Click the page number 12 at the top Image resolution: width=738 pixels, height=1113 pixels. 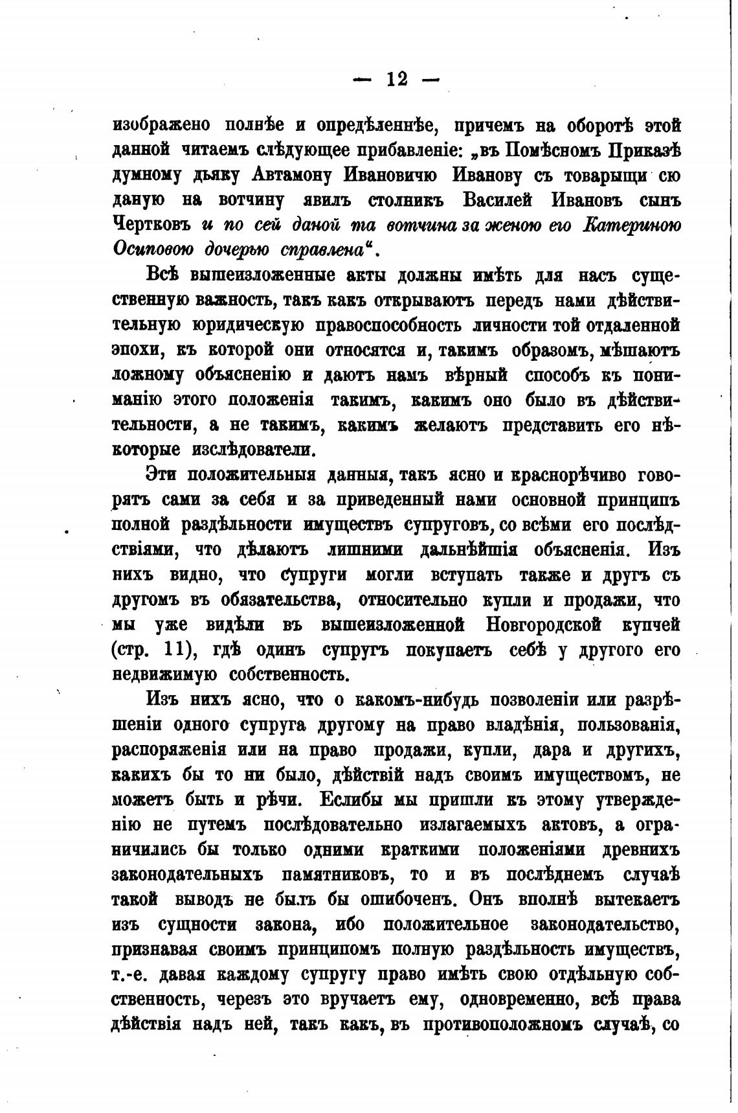[x=396, y=79]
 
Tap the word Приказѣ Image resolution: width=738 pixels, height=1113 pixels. [x=643, y=150]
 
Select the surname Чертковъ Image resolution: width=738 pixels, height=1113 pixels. [x=151, y=225]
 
